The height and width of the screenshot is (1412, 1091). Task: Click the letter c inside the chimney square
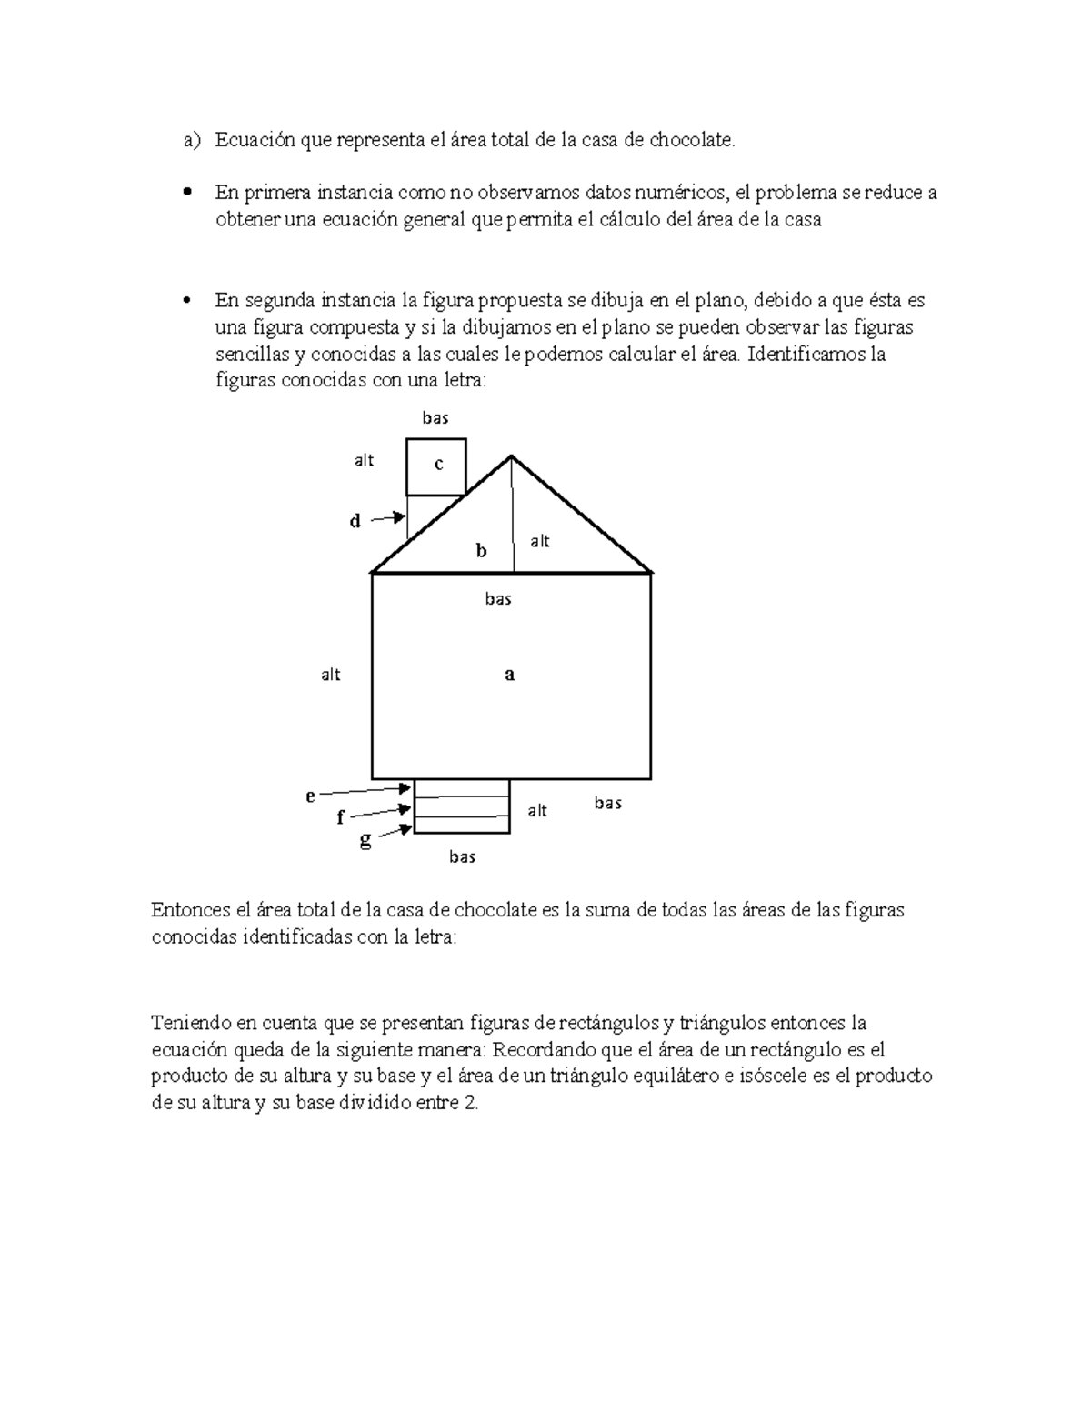coord(438,465)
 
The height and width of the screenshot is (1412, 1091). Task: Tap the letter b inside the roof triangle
coord(482,551)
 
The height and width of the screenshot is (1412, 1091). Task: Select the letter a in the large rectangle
coord(510,675)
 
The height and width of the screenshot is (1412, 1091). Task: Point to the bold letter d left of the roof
coord(355,522)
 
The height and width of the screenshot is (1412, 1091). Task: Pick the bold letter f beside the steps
coord(340,817)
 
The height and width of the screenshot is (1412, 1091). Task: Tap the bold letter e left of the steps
coord(310,796)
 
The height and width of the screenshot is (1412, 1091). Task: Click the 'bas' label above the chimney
coord(435,418)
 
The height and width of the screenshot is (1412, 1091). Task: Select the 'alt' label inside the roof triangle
coord(540,542)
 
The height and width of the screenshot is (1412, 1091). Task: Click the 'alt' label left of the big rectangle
coord(331,675)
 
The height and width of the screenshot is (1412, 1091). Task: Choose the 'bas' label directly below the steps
coord(462,856)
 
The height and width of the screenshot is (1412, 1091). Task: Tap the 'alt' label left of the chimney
coord(364,461)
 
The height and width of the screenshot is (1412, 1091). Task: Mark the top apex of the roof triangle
coord(512,456)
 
